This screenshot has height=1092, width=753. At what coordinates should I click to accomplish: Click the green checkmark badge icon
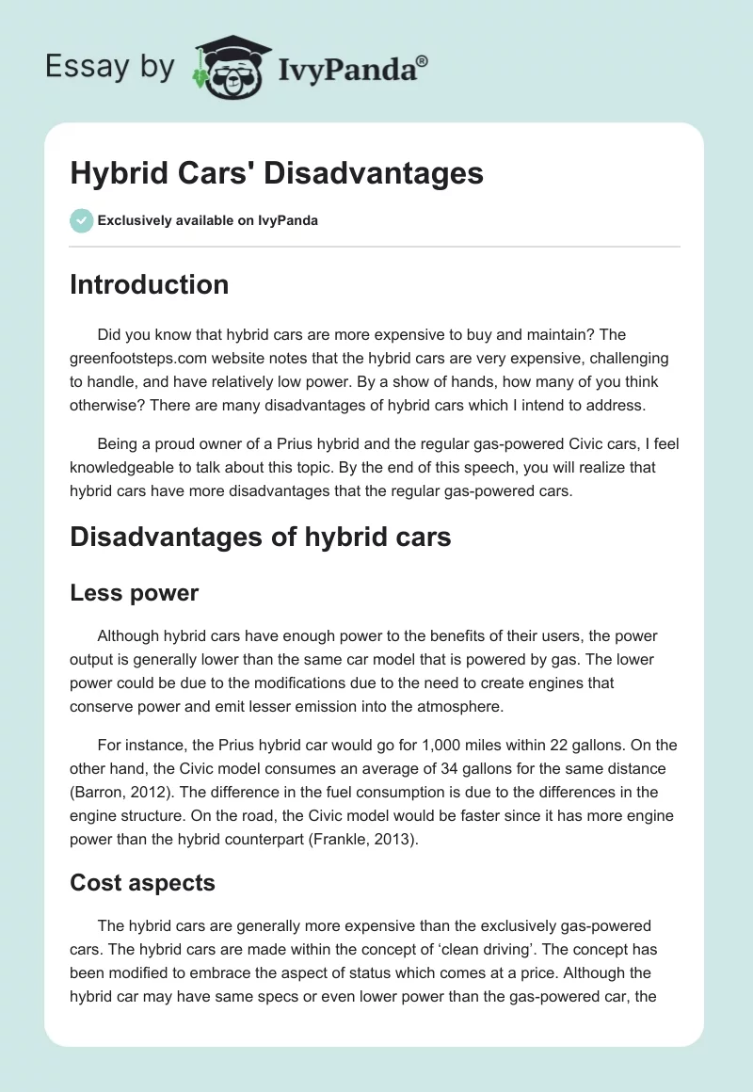click(81, 220)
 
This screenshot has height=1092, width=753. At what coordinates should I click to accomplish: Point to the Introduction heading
click(149, 285)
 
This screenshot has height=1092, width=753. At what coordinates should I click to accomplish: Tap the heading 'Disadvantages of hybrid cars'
click(261, 537)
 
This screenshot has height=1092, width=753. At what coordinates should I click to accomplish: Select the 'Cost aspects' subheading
click(142, 882)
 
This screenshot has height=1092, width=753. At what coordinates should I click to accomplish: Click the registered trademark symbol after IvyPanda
click(423, 61)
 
